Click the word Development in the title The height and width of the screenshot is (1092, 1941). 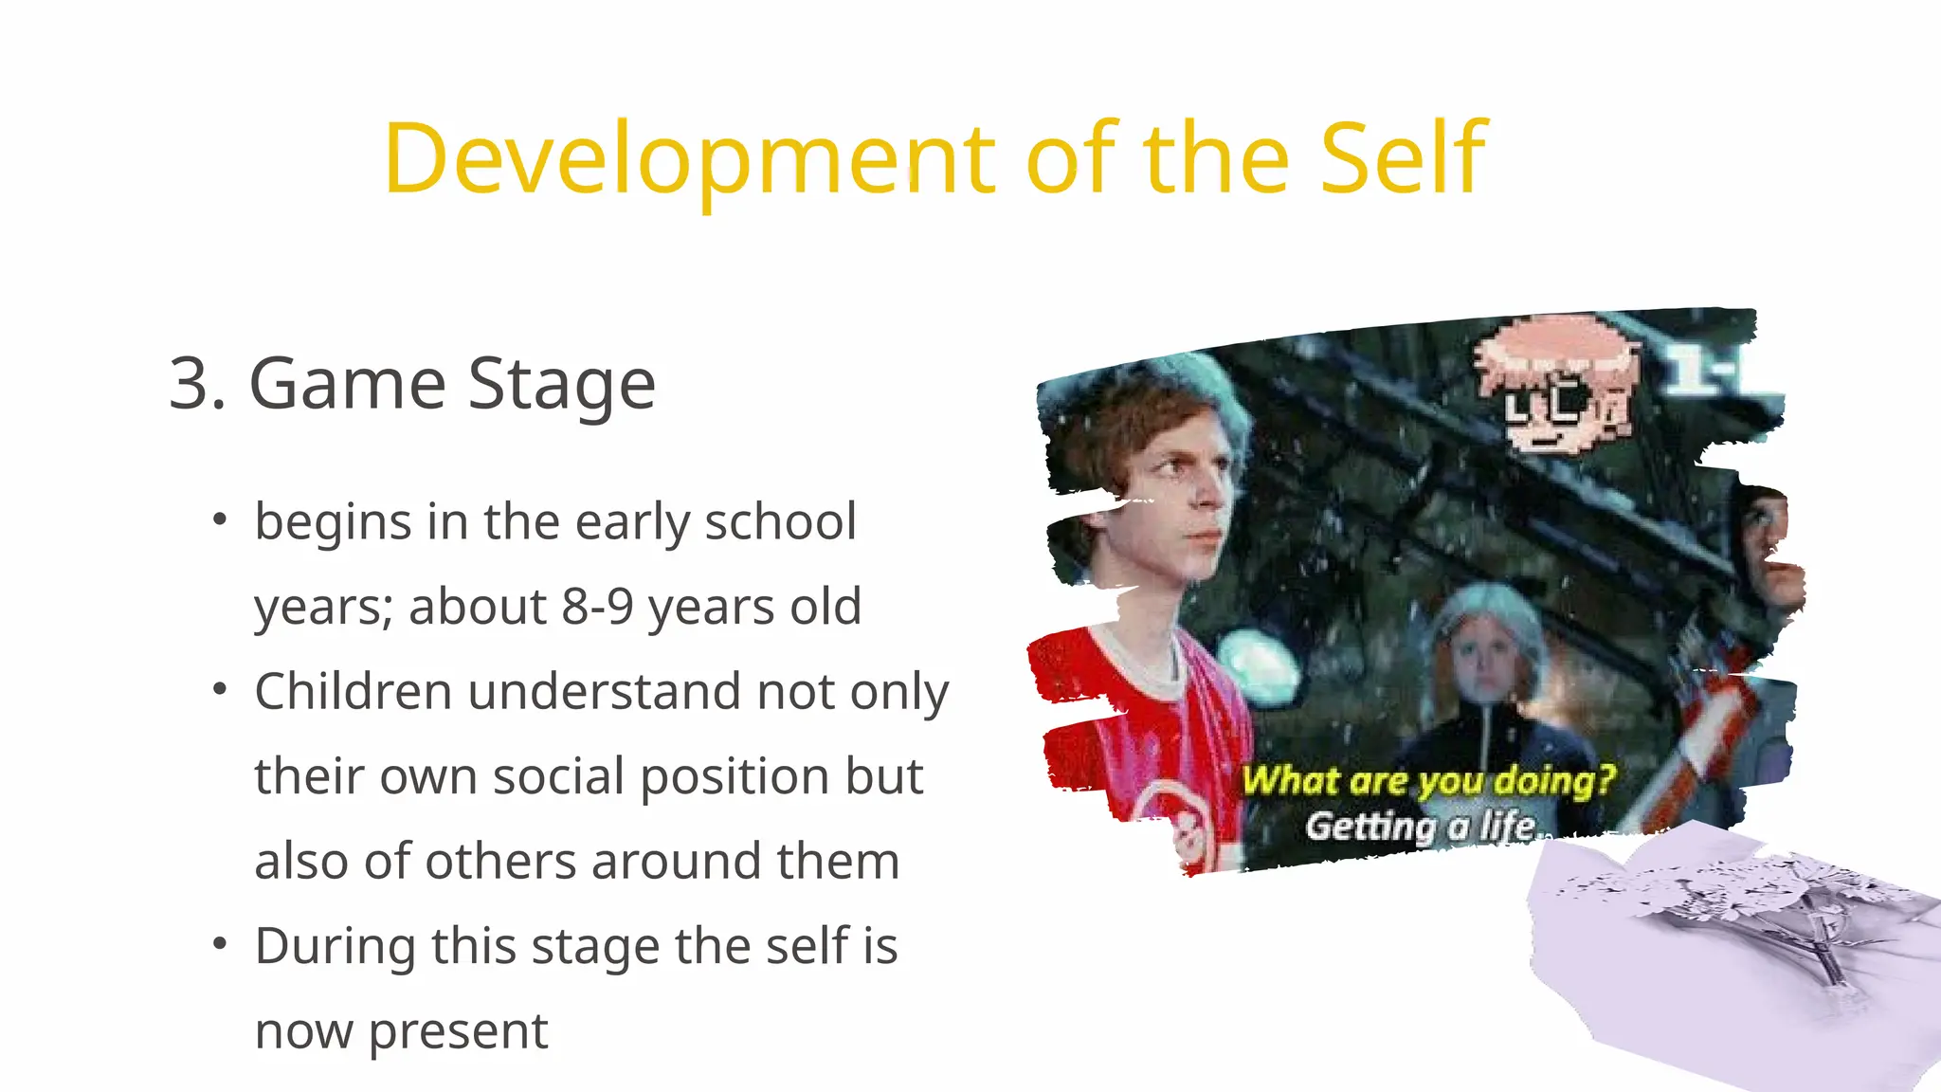click(x=688, y=159)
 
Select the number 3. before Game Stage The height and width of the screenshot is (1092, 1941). click(x=197, y=384)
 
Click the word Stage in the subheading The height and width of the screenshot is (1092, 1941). click(x=561, y=384)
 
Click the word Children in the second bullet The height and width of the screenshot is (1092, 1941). click(x=353, y=691)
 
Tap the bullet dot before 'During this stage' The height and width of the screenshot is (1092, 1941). click(x=220, y=944)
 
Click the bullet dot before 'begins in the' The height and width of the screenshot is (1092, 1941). click(x=220, y=519)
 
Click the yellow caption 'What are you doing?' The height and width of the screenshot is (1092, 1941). click(x=1427, y=781)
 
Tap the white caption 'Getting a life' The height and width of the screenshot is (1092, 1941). click(x=1420, y=827)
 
